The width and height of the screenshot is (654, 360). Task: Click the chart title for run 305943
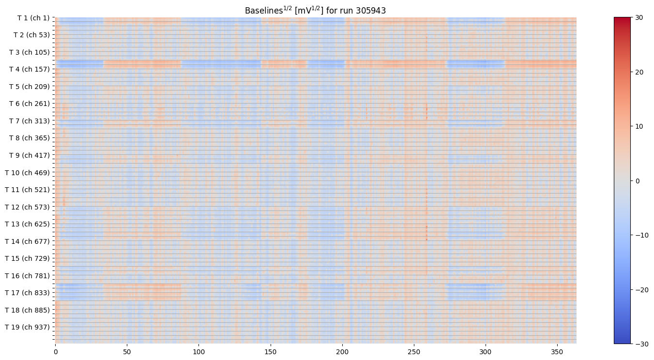315,10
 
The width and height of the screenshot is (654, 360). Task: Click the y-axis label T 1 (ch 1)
33,18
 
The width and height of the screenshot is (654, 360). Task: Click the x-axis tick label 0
55,351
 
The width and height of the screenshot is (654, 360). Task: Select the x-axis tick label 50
127,351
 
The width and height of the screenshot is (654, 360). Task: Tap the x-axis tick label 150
270,351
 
